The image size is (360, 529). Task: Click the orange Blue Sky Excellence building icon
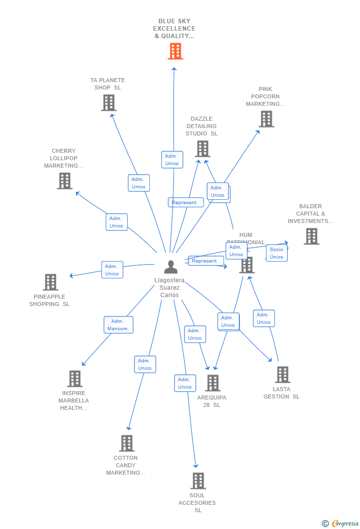[x=175, y=51]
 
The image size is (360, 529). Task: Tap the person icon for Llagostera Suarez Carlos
[x=171, y=267]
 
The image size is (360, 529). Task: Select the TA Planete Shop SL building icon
[x=108, y=102]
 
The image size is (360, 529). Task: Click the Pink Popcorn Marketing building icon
[x=266, y=119]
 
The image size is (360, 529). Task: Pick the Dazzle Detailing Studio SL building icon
[x=202, y=148]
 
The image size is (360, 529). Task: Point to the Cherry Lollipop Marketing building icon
[x=65, y=180]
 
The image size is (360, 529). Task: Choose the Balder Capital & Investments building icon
[x=311, y=236]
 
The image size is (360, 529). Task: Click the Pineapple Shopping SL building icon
[x=50, y=282]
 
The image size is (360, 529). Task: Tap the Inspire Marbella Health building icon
[x=75, y=378]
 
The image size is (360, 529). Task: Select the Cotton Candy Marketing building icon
[x=127, y=443]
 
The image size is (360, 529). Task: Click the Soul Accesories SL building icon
[x=198, y=481]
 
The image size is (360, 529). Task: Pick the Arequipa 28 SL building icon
[x=213, y=383]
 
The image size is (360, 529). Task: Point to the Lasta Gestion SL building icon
[x=282, y=374]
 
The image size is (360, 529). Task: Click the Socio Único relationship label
[x=277, y=253]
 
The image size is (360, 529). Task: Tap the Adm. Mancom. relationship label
[x=118, y=325]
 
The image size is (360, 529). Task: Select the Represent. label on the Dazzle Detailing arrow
[x=185, y=202]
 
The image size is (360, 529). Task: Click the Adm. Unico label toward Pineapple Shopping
[x=112, y=270]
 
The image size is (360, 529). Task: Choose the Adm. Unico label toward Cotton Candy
[x=145, y=364]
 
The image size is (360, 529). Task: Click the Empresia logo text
[x=345, y=524]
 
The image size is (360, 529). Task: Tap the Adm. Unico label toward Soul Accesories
[x=185, y=383]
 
